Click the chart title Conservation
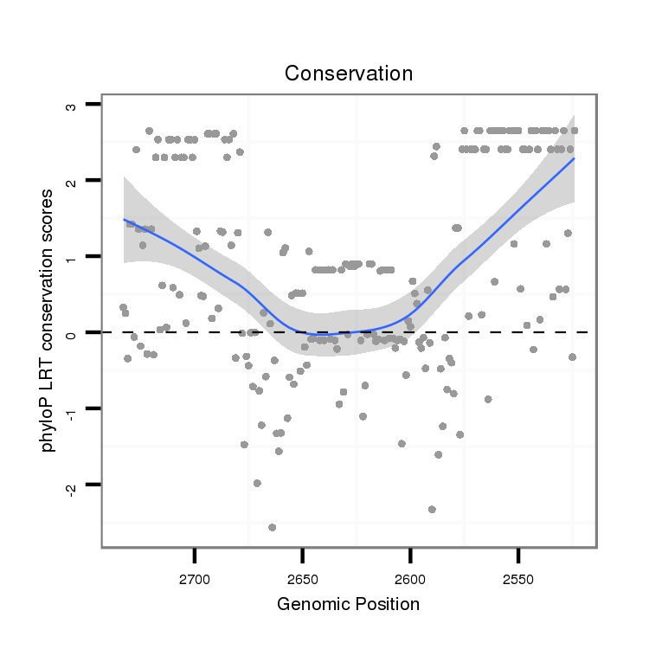[x=349, y=74]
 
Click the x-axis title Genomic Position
[x=348, y=604]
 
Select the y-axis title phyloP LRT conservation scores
[x=52, y=321]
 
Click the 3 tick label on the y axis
[x=72, y=107]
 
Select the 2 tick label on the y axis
[x=72, y=182]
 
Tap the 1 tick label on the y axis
[x=72, y=258]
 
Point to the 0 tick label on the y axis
[x=72, y=333]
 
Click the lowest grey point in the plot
[x=272, y=527]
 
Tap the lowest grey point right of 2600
[x=432, y=510]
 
